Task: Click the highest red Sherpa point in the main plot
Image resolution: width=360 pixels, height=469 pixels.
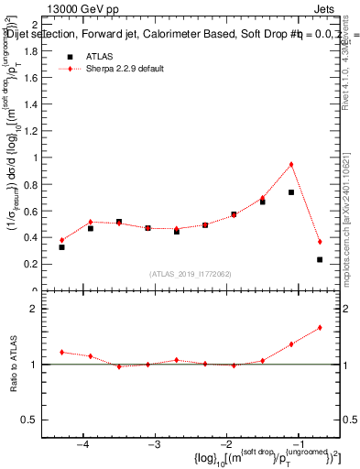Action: [291, 165]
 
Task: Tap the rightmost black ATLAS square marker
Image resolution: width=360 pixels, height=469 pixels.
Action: [320, 259]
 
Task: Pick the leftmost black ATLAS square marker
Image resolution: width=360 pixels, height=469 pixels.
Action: [61, 247]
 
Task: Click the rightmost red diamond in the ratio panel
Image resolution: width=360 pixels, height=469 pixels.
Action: [320, 327]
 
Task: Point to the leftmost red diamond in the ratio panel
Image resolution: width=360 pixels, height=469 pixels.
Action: [61, 352]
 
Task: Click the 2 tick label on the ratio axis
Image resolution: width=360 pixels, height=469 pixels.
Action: [40, 309]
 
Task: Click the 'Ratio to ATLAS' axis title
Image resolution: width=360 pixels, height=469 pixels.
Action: [12, 364]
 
